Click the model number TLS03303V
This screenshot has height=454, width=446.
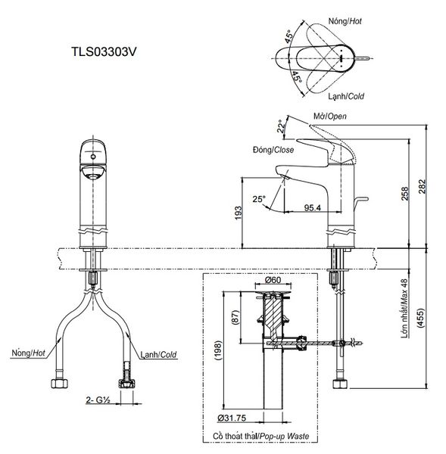click(104, 52)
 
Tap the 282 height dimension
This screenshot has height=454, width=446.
click(423, 186)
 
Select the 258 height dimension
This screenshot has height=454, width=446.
click(404, 194)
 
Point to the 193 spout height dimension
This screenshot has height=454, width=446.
click(238, 213)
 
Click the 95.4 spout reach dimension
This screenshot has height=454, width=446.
click(313, 207)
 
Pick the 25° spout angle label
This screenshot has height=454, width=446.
click(258, 199)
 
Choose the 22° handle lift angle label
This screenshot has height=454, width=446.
click(281, 126)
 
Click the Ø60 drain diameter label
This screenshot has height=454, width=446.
click(273, 280)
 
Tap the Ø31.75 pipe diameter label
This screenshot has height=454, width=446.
click(232, 418)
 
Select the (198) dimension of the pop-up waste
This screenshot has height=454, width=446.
click(218, 350)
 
